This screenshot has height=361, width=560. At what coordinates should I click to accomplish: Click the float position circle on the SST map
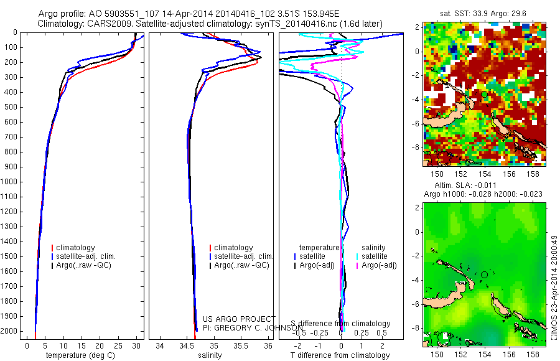pos(485,94)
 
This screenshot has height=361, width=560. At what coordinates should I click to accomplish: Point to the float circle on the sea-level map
pos(485,274)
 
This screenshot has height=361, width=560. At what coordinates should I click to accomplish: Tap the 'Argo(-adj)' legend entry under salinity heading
pos(379,265)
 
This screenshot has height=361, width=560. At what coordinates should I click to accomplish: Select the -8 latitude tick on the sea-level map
pos(415,328)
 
